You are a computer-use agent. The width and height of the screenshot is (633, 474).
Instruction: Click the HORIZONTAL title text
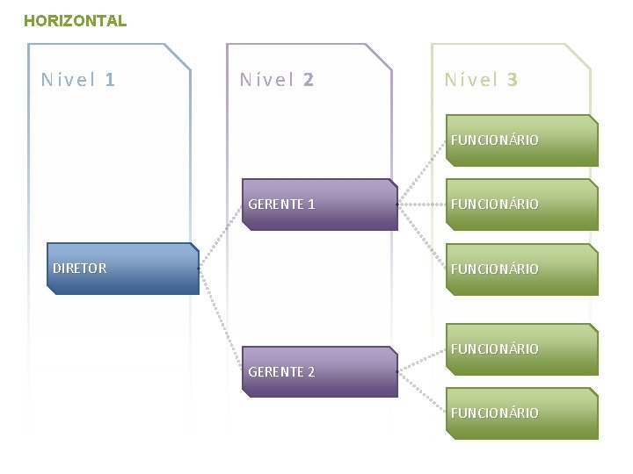pyautogui.click(x=75, y=20)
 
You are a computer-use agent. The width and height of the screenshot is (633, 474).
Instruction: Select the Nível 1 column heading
pyautogui.click(x=78, y=80)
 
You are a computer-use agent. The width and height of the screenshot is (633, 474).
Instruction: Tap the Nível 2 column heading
pyautogui.click(x=277, y=80)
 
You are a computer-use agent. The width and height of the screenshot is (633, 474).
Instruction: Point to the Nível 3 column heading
pyautogui.click(x=481, y=80)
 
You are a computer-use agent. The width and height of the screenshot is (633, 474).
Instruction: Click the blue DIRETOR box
pyautogui.click(x=122, y=269)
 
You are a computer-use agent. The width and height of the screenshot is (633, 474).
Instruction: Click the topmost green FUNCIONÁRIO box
pyautogui.click(x=522, y=140)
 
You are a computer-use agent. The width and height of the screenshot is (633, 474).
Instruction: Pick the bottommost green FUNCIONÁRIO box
pyautogui.click(x=522, y=413)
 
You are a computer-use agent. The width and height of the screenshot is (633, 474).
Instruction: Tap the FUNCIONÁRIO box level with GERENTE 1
pyautogui.click(x=522, y=205)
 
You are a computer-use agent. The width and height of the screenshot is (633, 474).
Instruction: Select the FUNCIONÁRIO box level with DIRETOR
pyautogui.click(x=522, y=269)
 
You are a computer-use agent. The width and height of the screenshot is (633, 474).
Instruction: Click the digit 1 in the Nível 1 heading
pyautogui.click(x=110, y=80)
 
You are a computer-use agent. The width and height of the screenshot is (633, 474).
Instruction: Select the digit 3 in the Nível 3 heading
pyautogui.click(x=513, y=80)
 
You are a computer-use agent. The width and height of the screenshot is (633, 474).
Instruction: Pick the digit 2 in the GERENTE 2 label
pyautogui.click(x=310, y=372)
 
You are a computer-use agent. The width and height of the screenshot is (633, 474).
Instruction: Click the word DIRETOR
pyautogui.click(x=79, y=269)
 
